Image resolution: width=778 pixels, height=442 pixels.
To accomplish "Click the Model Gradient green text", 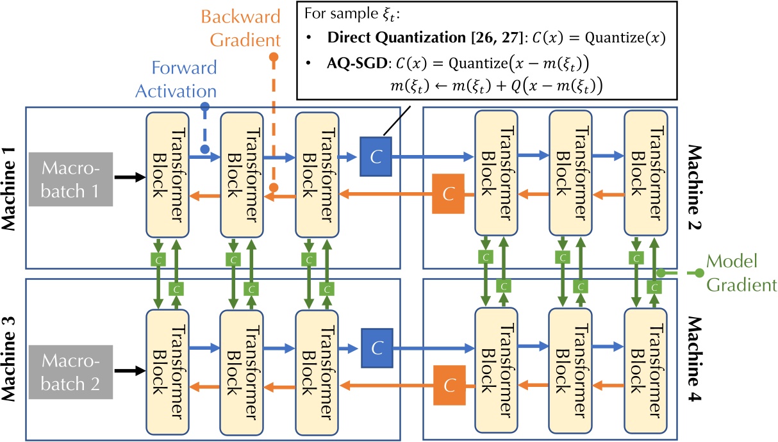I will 737,272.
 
